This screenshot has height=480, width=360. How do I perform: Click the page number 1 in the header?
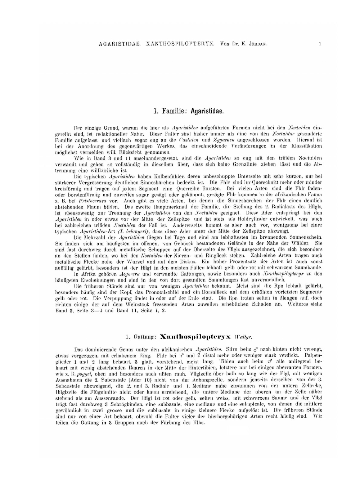tap(320, 44)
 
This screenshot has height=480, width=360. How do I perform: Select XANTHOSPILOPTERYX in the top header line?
tap(180, 44)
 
